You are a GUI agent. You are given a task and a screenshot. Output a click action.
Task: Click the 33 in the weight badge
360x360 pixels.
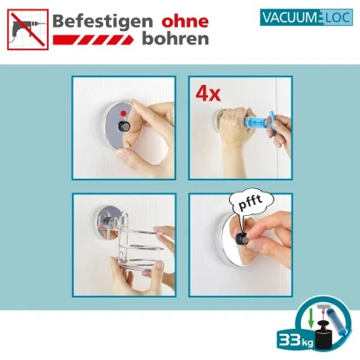(x=289, y=338)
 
